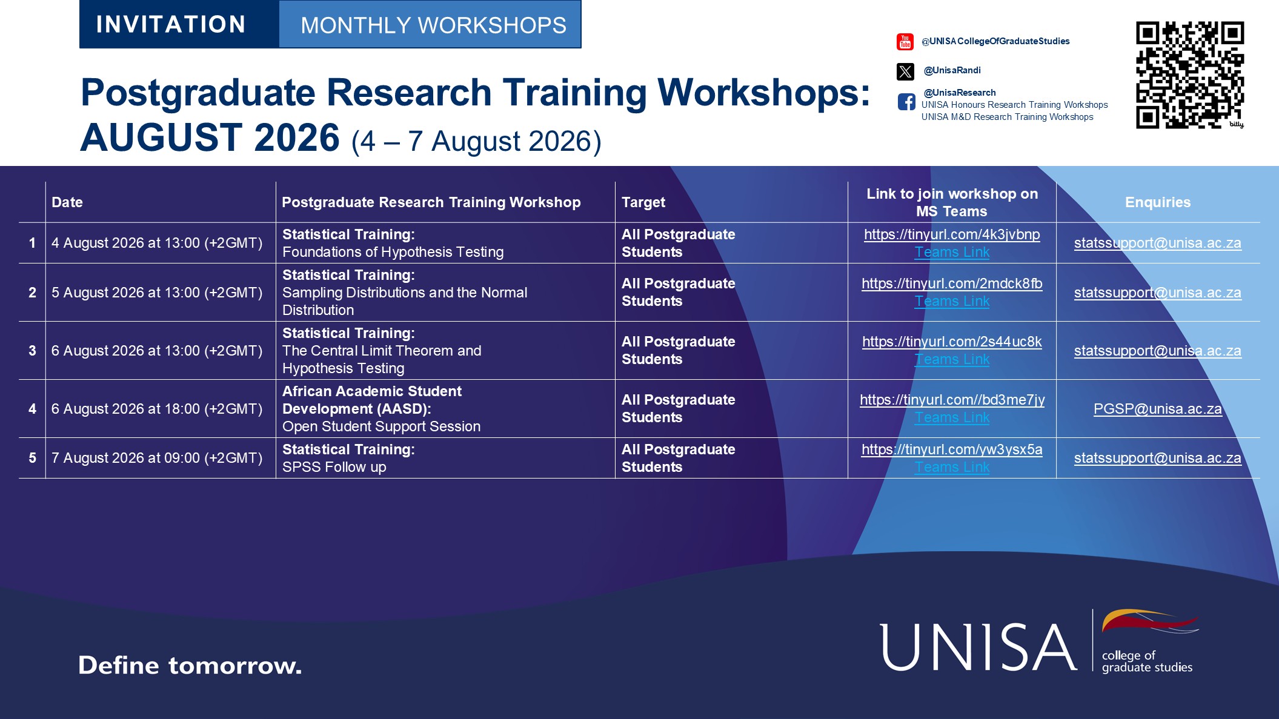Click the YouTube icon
pyautogui.click(x=905, y=42)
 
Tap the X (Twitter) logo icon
pyautogui.click(x=905, y=71)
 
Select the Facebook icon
pyautogui.click(x=906, y=102)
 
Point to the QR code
pyautogui.click(x=1190, y=75)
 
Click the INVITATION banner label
pyautogui.click(x=171, y=24)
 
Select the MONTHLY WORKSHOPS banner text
pyautogui.click(x=433, y=25)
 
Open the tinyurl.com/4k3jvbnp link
pyautogui.click(x=952, y=234)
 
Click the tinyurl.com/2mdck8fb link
pyautogui.click(x=952, y=283)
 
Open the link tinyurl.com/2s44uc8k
pyautogui.click(x=952, y=342)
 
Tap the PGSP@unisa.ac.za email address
pyautogui.click(x=1157, y=409)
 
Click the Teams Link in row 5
pyautogui.click(x=952, y=467)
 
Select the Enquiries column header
pyautogui.click(x=1157, y=202)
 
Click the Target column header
pyautogui.click(x=643, y=202)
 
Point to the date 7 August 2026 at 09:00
pyautogui.click(x=157, y=458)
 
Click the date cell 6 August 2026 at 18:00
pyautogui.click(x=157, y=409)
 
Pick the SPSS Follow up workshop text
pyautogui.click(x=334, y=467)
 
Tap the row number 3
pyautogui.click(x=32, y=351)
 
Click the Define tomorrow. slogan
pyautogui.click(x=190, y=665)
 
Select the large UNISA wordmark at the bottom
pyautogui.click(x=978, y=648)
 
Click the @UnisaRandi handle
pyautogui.click(x=952, y=70)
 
